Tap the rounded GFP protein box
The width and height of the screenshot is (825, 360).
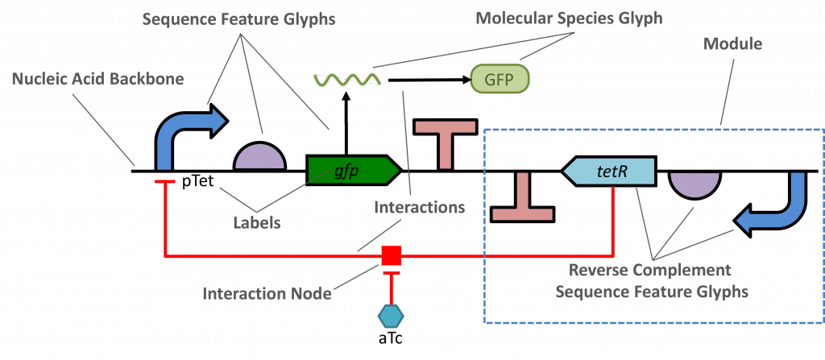(x=500, y=79)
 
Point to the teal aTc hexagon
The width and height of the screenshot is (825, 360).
(x=390, y=313)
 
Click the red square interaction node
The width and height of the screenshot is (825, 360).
(x=391, y=256)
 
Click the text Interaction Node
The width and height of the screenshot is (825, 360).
(x=269, y=294)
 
